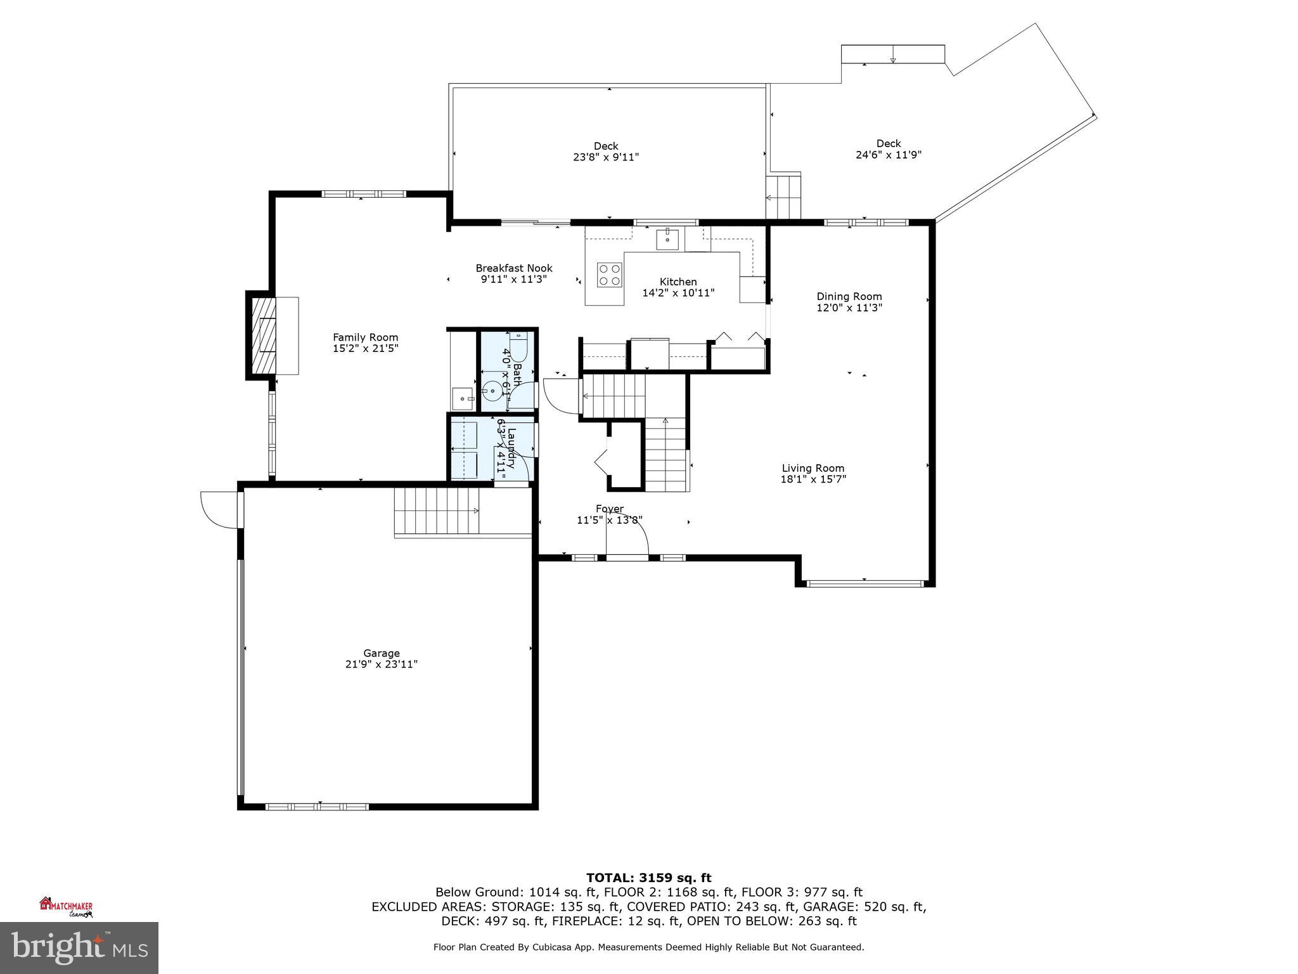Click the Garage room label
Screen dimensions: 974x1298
pyautogui.click(x=381, y=653)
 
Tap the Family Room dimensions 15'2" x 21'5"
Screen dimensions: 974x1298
pyautogui.click(x=366, y=349)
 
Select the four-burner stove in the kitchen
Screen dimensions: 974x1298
pyautogui.click(x=609, y=275)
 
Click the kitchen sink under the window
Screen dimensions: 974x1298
pyautogui.click(x=667, y=240)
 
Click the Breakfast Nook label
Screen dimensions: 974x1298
pyautogui.click(x=514, y=268)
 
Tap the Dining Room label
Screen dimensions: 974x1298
pyautogui.click(x=849, y=296)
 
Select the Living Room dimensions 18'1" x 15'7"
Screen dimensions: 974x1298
pyautogui.click(x=813, y=479)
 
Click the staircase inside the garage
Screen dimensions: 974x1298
pyautogui.click(x=437, y=511)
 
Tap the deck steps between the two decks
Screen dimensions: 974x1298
pyautogui.click(x=783, y=197)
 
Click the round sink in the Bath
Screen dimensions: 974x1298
pyautogui.click(x=493, y=389)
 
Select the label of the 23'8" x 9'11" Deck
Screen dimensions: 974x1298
pyautogui.click(x=605, y=146)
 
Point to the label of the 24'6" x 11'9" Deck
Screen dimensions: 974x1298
pyautogui.click(x=888, y=144)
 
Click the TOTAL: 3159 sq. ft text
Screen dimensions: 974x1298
pyautogui.click(x=648, y=878)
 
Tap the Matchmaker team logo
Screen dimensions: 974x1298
pyautogui.click(x=67, y=907)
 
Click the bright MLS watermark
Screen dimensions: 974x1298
pyautogui.click(x=79, y=947)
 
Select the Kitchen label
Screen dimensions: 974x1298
pyautogui.click(x=678, y=282)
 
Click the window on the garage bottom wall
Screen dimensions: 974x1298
pyautogui.click(x=317, y=807)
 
